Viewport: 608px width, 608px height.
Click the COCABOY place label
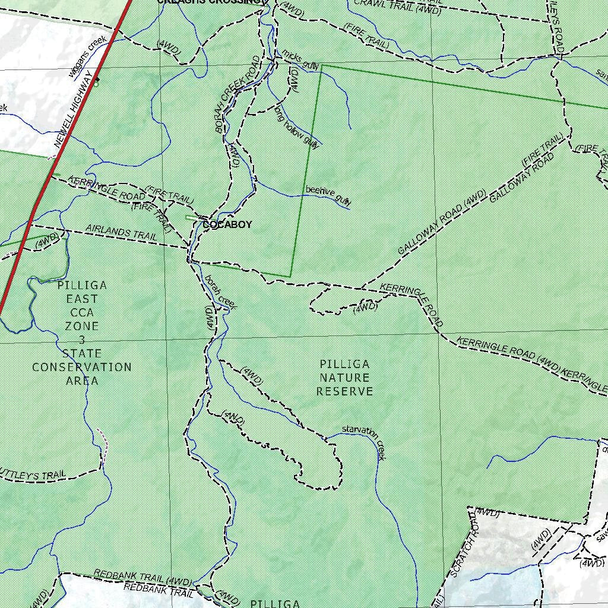click(227, 225)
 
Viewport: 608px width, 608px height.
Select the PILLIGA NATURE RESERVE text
click(344, 378)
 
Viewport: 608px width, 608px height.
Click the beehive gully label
click(328, 195)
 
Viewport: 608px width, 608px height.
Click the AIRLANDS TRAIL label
click(121, 232)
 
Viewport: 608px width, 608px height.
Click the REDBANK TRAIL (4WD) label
click(142, 577)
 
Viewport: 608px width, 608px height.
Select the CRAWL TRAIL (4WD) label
click(397, 7)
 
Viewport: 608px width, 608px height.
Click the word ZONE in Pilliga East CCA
click(82, 326)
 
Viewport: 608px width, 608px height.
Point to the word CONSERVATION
click(82, 368)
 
